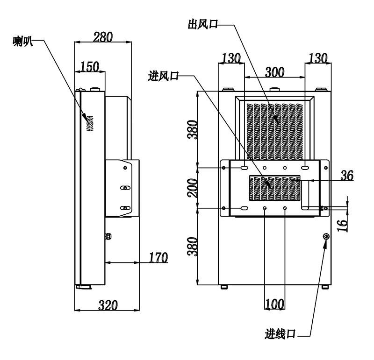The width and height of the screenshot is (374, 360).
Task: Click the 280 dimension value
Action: [103, 37]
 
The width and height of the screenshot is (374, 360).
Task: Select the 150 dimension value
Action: [89, 66]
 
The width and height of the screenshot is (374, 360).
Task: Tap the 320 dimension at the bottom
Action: [108, 305]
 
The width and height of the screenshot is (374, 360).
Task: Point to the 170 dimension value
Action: [158, 257]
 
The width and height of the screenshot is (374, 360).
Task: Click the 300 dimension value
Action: [274, 72]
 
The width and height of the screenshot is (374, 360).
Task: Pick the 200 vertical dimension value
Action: [193, 188]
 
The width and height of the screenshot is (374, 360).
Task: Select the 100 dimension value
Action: [274, 304]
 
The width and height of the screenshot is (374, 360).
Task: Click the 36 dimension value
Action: [347, 176]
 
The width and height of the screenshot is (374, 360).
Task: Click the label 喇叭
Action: [23, 42]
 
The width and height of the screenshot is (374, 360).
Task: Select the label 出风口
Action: [203, 24]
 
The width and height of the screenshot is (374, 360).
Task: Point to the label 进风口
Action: [163, 76]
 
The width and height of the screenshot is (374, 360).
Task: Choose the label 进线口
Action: [280, 334]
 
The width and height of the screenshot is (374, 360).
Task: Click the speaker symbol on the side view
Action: [90, 123]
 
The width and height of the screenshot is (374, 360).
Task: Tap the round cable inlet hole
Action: [326, 237]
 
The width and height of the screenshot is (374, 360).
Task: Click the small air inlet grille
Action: [274, 188]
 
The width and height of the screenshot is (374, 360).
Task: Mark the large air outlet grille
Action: [275, 132]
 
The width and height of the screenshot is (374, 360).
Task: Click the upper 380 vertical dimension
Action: [193, 130]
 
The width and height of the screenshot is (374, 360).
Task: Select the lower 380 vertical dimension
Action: [193, 247]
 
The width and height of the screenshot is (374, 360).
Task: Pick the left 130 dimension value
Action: [231, 58]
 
